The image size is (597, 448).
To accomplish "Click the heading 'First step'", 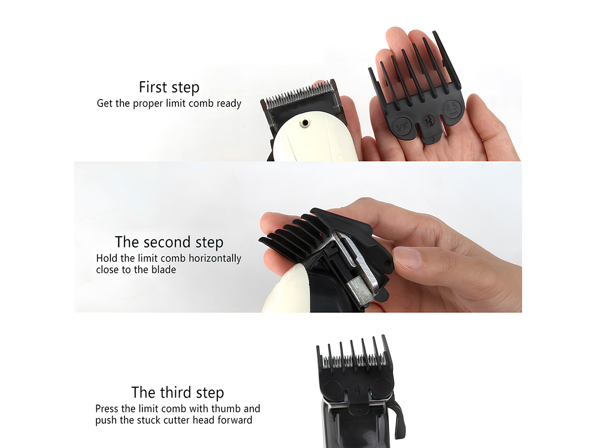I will (x=169, y=87).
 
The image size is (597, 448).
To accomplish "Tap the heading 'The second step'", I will (x=169, y=242).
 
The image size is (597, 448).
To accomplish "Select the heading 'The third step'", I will (x=178, y=392).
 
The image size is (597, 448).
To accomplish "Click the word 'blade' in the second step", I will (x=163, y=270).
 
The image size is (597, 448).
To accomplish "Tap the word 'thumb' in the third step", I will (x=227, y=409).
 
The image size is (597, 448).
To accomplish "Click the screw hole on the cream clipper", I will (x=303, y=124).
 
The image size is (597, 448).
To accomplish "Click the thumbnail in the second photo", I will (x=407, y=258).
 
